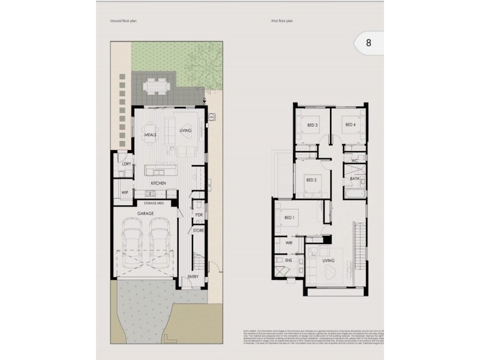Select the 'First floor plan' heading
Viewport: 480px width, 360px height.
[281, 20]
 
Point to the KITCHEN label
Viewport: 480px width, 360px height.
[158, 183]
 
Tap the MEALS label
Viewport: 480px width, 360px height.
[150, 135]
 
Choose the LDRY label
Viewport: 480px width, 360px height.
[126, 164]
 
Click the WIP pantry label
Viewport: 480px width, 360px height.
[125, 193]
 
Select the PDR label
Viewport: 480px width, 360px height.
[199, 215]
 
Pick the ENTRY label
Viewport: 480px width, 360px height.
[193, 277]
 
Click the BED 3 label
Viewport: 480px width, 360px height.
[312, 125]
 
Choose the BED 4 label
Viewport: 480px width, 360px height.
[350, 125]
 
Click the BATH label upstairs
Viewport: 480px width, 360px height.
[355, 178]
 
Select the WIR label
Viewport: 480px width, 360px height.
[288, 244]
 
